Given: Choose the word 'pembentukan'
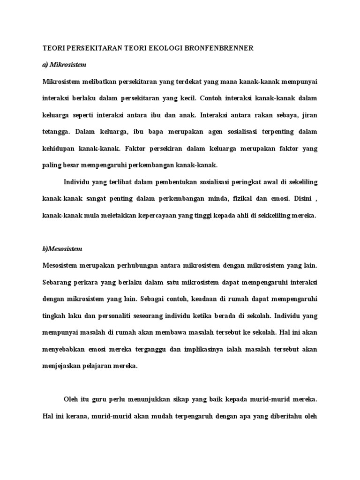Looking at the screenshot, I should click(x=157, y=182).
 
